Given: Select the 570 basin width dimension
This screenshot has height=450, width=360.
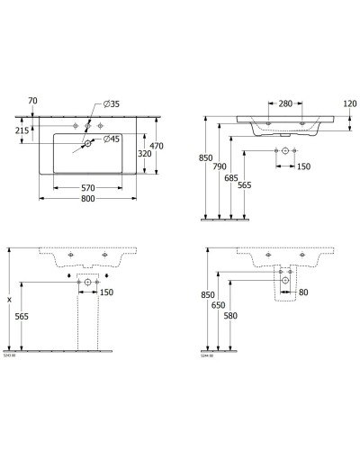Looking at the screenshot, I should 88,188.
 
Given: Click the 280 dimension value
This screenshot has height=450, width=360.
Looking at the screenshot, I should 284,104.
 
